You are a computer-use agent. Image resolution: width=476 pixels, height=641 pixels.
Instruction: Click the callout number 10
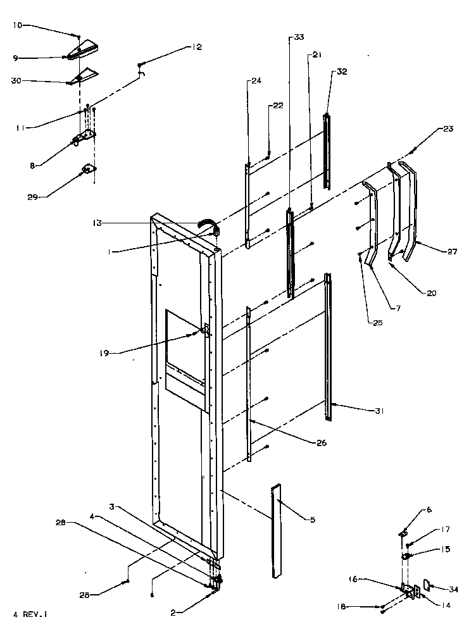tap(17, 25)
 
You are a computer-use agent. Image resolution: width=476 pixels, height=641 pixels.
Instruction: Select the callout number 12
tap(197, 47)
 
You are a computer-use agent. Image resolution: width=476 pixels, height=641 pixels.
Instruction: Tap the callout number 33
tap(299, 39)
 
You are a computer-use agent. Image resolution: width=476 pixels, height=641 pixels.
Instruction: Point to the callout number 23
tap(448, 129)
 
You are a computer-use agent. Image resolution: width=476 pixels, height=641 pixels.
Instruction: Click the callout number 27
tap(451, 252)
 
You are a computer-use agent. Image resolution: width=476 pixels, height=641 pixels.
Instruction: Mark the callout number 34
tap(453, 590)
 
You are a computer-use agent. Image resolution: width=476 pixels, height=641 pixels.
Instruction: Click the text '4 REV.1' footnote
tap(30, 614)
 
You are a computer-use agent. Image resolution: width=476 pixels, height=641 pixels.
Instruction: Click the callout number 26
tap(322, 443)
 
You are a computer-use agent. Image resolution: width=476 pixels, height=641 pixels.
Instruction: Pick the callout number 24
tap(256, 81)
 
